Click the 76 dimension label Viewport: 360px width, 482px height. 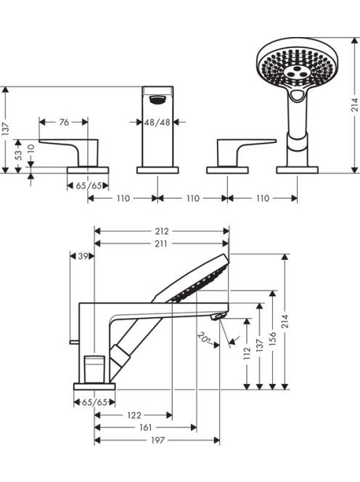(64, 123)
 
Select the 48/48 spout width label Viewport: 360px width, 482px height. (157, 123)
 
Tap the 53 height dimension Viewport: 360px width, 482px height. (19, 155)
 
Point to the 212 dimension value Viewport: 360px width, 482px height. (162, 231)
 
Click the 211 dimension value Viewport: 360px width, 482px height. (161, 244)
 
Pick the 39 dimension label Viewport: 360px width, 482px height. (83, 256)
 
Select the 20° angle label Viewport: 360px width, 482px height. (205, 338)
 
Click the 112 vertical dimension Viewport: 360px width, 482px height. (247, 354)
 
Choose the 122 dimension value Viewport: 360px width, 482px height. (134, 416)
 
